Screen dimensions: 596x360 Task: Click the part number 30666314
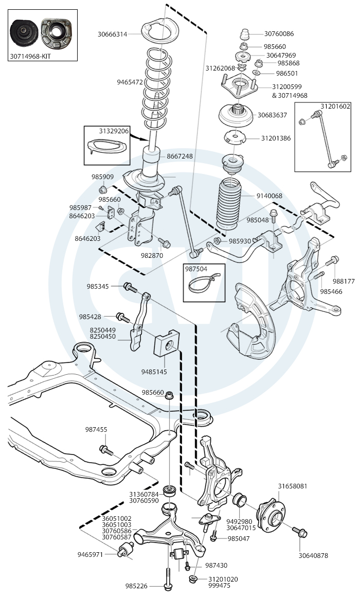113,34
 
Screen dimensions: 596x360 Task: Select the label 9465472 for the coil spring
130,82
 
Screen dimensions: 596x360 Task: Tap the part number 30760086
279,34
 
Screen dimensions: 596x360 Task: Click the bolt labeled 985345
129,286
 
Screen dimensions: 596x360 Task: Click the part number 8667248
179,156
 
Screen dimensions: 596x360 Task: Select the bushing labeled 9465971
125,554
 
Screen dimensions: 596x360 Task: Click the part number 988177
344,281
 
